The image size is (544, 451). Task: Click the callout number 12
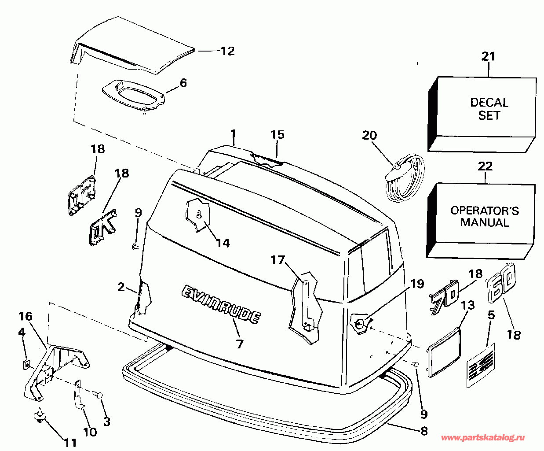click(x=228, y=51)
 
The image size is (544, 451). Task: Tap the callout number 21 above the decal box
click(x=488, y=56)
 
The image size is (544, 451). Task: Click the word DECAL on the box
click(x=489, y=102)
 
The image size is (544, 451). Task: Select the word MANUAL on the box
click(x=485, y=222)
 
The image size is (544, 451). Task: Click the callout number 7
click(x=240, y=344)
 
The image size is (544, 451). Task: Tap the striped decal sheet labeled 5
click(x=481, y=366)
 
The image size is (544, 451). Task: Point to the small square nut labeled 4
click(x=26, y=364)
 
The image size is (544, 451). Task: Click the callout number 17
click(x=278, y=260)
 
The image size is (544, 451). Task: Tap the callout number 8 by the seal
click(x=424, y=431)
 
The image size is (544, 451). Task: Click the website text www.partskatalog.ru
click(x=483, y=438)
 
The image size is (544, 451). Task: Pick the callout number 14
click(x=223, y=243)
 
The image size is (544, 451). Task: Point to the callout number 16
click(x=26, y=317)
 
